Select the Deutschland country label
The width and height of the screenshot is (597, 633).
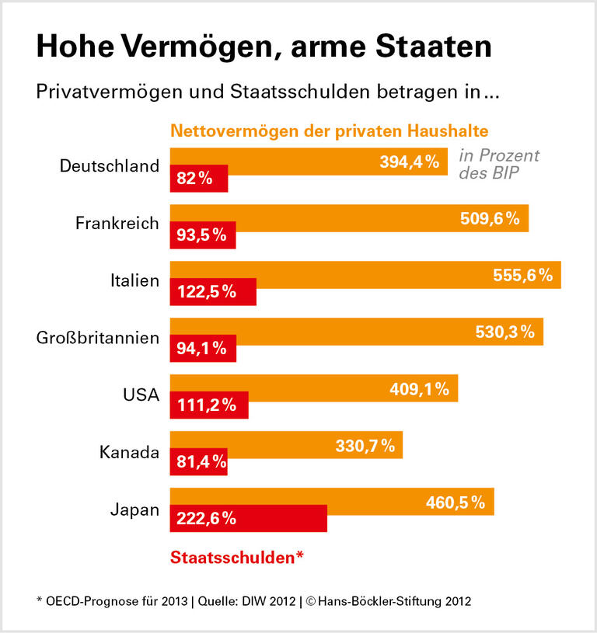[109, 166]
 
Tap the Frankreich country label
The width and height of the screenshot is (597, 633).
[117, 223]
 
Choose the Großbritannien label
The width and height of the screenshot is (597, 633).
[98, 337]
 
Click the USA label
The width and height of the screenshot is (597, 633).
[141, 394]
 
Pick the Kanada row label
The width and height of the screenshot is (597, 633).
[129, 451]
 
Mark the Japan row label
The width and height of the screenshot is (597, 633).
[134, 510]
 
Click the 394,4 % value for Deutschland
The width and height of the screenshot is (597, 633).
[410, 162]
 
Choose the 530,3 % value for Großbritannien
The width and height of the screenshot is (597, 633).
[504, 332]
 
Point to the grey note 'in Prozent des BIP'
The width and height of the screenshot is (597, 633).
[498, 164]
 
